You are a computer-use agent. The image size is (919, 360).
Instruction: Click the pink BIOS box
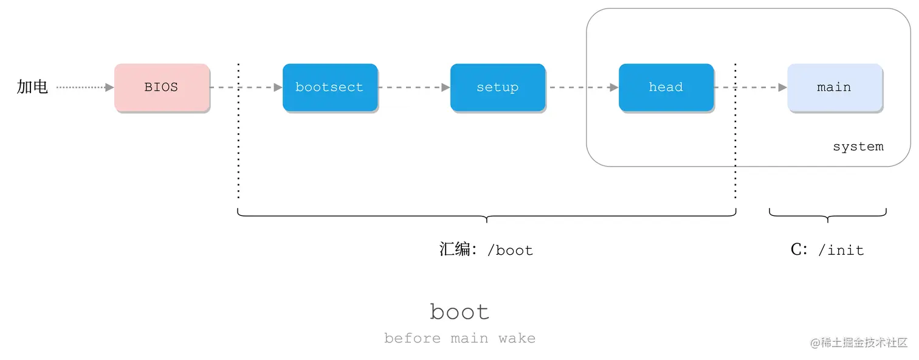(x=162, y=87)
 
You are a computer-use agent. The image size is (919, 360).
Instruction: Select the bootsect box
(x=329, y=87)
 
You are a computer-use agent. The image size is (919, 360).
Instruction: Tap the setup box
(x=497, y=87)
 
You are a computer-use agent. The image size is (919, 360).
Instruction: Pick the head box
(x=666, y=87)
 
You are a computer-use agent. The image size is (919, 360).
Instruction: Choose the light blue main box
(x=834, y=87)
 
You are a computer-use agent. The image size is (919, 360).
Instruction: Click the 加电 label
(x=32, y=87)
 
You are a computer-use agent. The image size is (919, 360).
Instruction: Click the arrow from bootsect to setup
(x=414, y=88)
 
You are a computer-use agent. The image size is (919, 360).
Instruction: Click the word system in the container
(x=858, y=147)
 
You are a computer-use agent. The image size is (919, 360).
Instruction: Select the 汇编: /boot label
(x=486, y=250)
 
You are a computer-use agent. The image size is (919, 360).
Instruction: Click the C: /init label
(x=827, y=250)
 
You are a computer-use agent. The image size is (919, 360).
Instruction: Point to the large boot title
(x=459, y=312)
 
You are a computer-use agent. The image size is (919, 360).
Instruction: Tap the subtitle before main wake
(x=459, y=338)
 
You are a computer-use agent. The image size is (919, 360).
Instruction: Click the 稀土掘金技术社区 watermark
(x=859, y=342)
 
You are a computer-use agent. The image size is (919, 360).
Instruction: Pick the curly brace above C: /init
(x=827, y=215)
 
